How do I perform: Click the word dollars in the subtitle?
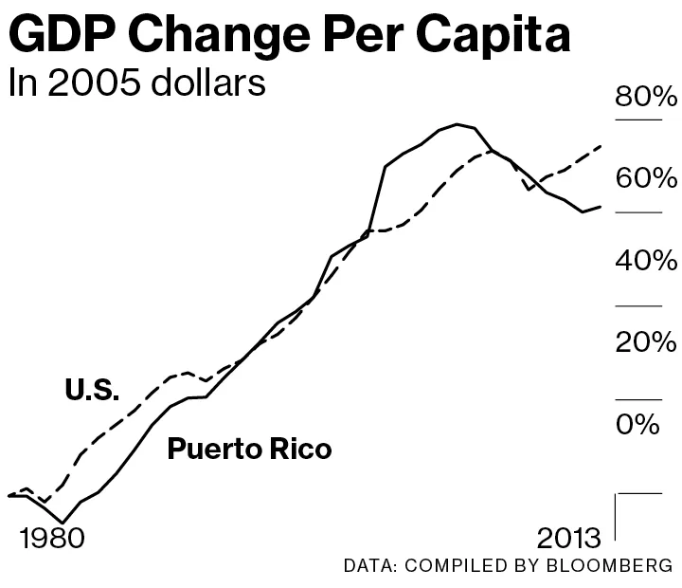pyautogui.click(x=209, y=83)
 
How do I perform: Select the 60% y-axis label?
pyautogui.click(x=647, y=178)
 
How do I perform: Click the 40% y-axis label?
pyautogui.click(x=647, y=260)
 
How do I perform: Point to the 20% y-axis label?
pyautogui.click(x=647, y=341)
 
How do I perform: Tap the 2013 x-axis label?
pyautogui.click(x=568, y=539)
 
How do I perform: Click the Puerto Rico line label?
pyautogui.click(x=249, y=449)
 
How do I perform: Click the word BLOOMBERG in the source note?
pyautogui.click(x=612, y=566)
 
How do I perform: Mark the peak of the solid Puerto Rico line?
pyautogui.click(x=458, y=124)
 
